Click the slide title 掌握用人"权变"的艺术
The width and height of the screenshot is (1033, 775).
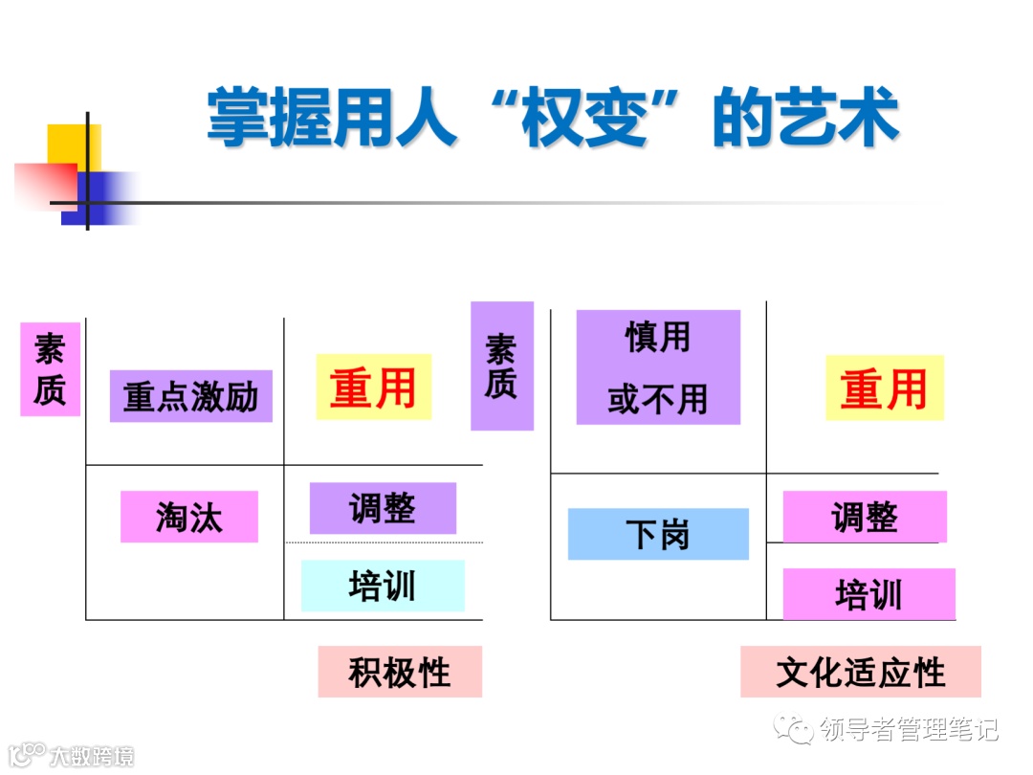[553, 119]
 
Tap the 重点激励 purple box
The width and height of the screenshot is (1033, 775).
[191, 396]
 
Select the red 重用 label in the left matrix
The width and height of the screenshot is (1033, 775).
[373, 387]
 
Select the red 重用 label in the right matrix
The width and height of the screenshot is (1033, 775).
[884, 388]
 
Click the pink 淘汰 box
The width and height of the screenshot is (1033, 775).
[189, 517]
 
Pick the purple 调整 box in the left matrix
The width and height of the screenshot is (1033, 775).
[383, 508]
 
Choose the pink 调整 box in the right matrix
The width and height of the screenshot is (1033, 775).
[865, 517]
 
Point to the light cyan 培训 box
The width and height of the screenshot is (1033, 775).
[383, 586]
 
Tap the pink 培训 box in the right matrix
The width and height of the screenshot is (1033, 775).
[868, 594]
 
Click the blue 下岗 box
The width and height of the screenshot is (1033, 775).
[658, 534]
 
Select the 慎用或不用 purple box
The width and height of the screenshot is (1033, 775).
[658, 367]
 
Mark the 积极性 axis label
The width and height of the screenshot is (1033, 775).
[400, 672]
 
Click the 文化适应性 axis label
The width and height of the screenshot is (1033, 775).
[860, 672]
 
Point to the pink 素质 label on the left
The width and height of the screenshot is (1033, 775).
[50, 369]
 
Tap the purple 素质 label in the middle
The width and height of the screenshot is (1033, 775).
[501, 366]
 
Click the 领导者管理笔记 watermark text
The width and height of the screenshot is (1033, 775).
[910, 730]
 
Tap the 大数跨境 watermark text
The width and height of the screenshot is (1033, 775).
[92, 756]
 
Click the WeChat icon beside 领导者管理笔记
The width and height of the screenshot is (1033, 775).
[796, 729]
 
